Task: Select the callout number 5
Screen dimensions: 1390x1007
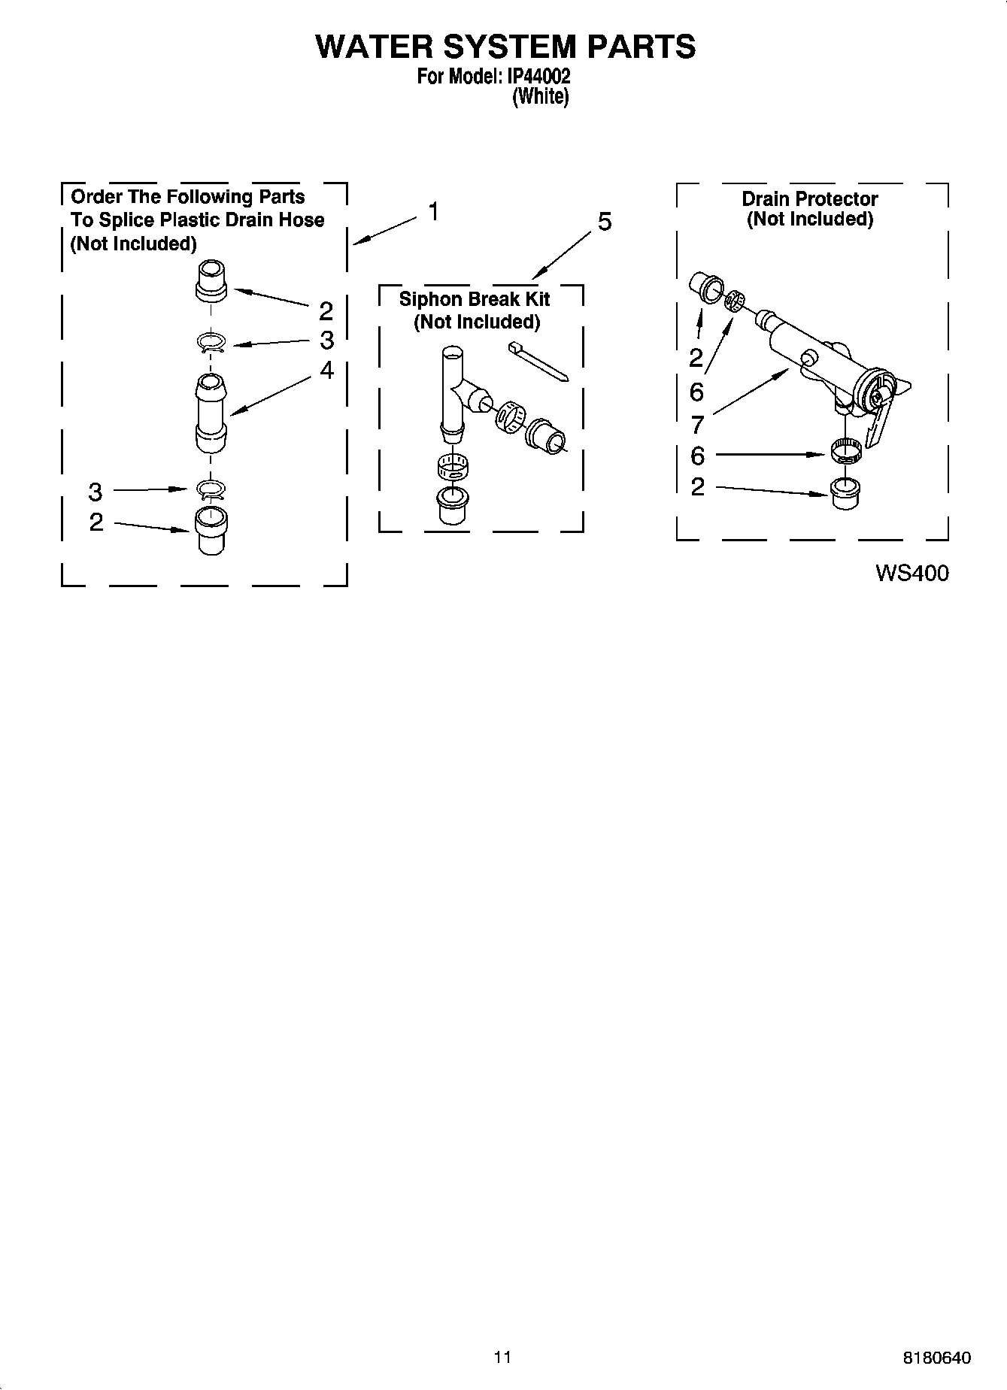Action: [605, 222]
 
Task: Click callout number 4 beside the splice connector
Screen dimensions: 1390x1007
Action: [326, 370]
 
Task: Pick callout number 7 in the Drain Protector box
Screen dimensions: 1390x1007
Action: [697, 425]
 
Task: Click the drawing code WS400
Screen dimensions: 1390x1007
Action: [911, 573]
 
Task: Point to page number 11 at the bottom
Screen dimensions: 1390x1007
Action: [502, 1357]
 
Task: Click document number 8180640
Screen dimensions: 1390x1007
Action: [936, 1358]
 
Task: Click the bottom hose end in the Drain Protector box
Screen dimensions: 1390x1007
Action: [846, 492]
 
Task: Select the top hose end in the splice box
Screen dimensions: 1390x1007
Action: [211, 280]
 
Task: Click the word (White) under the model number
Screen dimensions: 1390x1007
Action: [540, 97]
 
